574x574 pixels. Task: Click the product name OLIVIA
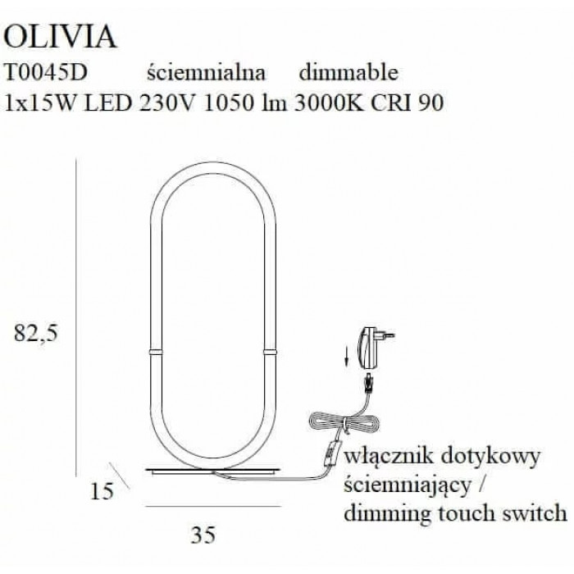pos(60,37)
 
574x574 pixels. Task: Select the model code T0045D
pos(46,72)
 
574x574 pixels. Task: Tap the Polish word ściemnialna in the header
pos(206,72)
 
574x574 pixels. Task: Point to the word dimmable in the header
pos(348,72)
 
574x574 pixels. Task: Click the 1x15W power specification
pos(40,102)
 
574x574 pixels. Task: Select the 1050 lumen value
pos(228,102)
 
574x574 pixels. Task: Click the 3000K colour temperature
pos(329,102)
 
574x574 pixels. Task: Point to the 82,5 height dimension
pos(36,334)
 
